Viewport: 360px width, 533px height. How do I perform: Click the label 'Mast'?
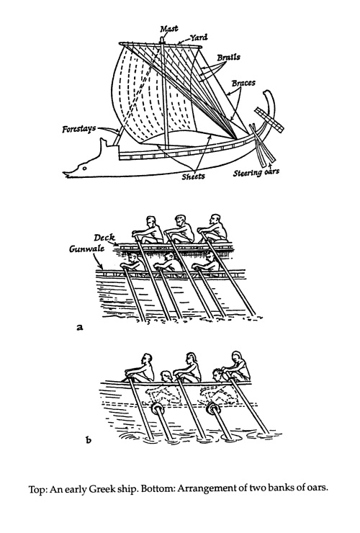(x=169, y=29)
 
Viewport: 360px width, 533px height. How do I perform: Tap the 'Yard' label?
(x=198, y=37)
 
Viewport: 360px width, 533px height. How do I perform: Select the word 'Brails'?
(x=228, y=57)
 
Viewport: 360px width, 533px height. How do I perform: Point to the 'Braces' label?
(x=243, y=83)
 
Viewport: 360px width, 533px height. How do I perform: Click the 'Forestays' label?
(x=79, y=129)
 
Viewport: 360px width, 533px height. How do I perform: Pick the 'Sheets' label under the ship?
(x=193, y=176)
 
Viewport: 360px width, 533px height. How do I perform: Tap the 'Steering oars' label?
(x=256, y=172)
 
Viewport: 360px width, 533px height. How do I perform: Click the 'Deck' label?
(x=104, y=238)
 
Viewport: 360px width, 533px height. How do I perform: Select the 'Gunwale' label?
(x=86, y=248)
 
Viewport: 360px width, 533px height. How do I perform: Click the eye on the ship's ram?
(x=85, y=168)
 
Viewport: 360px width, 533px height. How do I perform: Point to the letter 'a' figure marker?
(x=80, y=327)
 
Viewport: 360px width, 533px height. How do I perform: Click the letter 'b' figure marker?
(x=89, y=440)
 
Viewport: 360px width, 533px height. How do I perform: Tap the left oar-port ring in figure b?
(x=158, y=409)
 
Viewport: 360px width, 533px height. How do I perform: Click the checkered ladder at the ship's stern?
(x=269, y=120)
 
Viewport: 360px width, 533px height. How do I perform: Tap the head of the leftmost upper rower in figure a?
(x=150, y=221)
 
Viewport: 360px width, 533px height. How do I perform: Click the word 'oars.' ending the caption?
(x=318, y=489)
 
